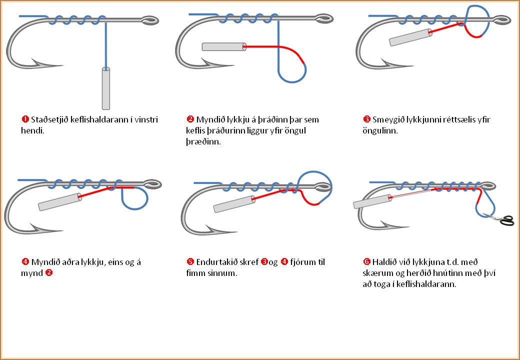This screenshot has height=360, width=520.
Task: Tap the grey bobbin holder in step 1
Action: (105, 88)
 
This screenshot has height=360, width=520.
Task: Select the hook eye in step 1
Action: (149, 20)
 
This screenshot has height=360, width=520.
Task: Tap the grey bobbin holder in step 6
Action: (372, 201)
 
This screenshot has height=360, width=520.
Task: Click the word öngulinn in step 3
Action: (380, 130)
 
